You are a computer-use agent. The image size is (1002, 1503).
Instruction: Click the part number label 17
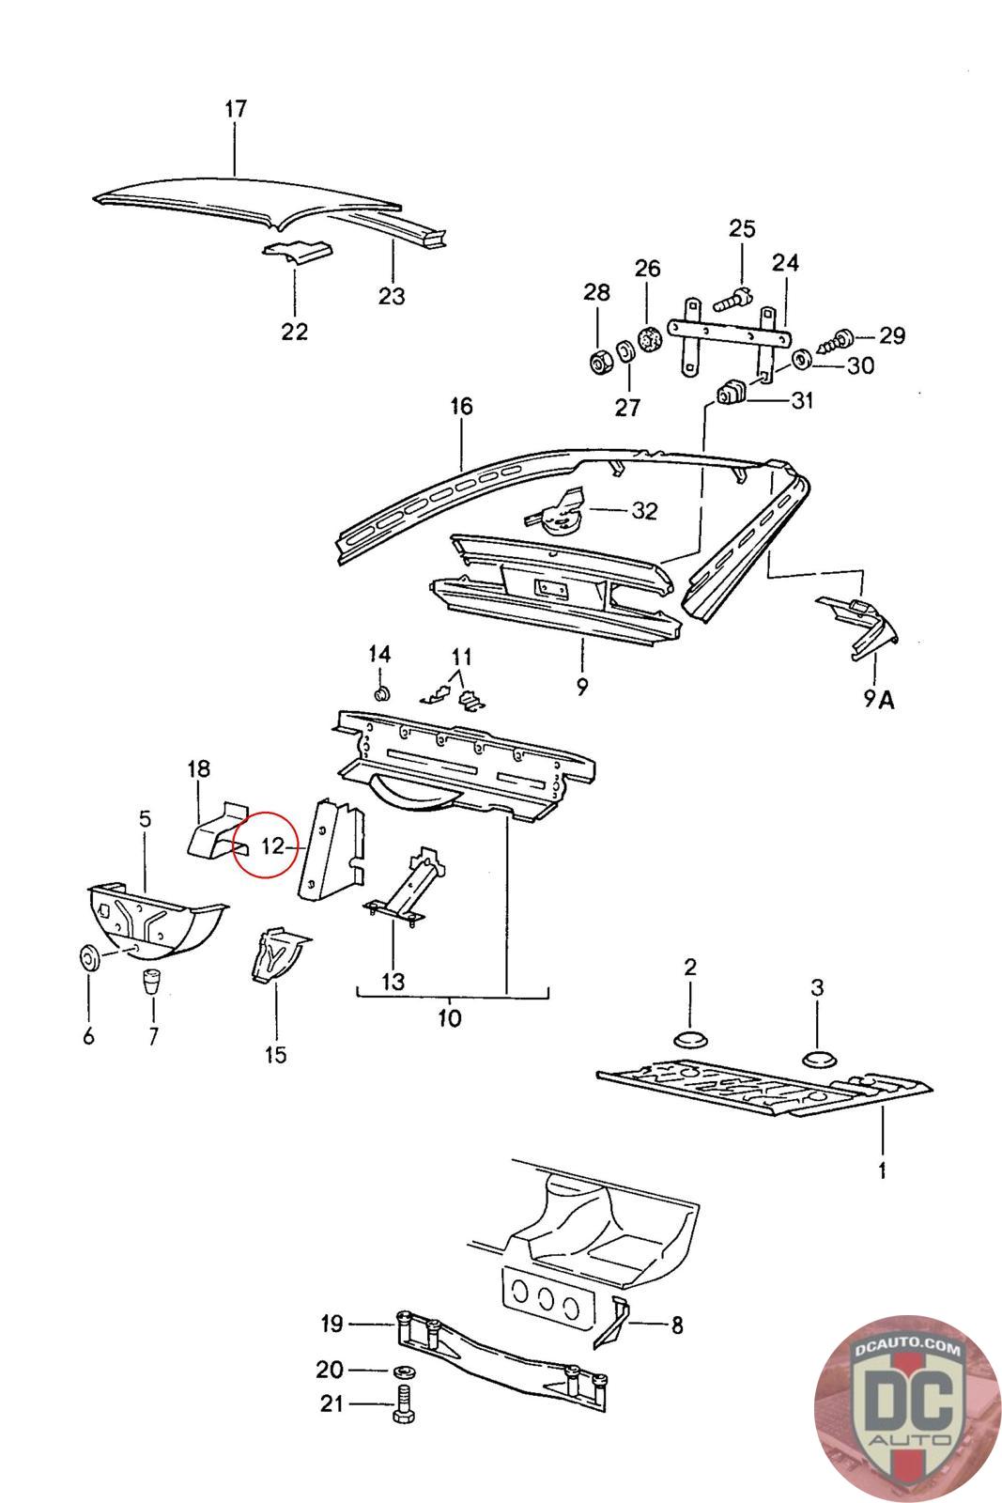pyautogui.click(x=236, y=108)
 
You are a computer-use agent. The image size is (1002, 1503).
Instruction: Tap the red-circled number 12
pyautogui.click(x=273, y=846)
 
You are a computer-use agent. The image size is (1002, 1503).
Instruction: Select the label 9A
pyautogui.click(x=879, y=700)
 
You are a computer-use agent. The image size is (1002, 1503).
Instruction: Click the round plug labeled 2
pyautogui.click(x=691, y=1038)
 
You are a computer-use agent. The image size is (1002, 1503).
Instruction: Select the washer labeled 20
pyautogui.click(x=402, y=1371)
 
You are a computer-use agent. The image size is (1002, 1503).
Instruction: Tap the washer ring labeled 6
pyautogui.click(x=89, y=957)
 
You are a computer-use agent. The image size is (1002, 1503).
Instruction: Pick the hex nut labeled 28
pyautogui.click(x=598, y=363)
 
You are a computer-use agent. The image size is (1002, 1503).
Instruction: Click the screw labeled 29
pyautogui.click(x=836, y=342)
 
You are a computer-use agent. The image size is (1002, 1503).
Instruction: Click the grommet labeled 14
pyautogui.click(x=382, y=692)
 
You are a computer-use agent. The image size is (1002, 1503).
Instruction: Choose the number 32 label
pyautogui.click(x=644, y=511)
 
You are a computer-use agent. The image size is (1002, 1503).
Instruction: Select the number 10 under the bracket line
pyautogui.click(x=450, y=1018)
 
